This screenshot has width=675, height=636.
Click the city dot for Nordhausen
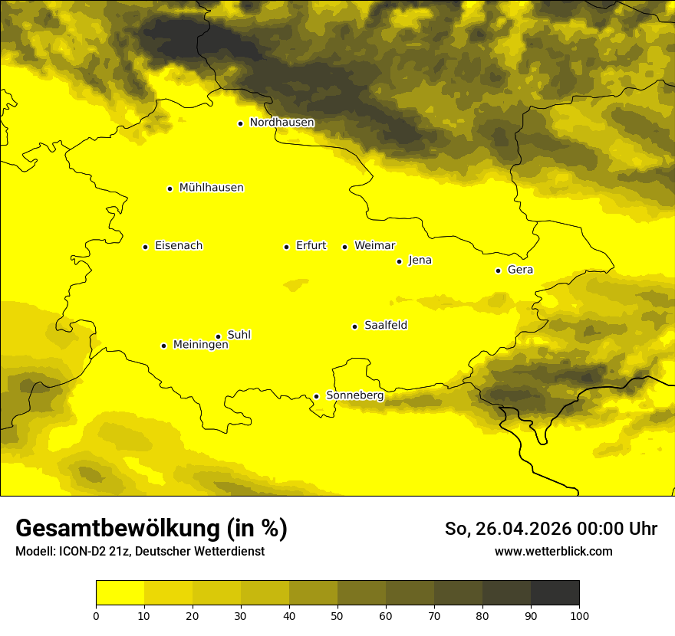[240, 123]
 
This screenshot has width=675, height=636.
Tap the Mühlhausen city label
[211, 188]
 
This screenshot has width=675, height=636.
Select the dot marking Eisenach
[145, 247]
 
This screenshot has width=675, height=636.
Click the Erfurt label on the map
[311, 246]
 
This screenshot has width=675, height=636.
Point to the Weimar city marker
[344, 247]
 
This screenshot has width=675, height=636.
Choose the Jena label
[420, 261]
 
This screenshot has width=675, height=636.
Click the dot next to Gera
[498, 270]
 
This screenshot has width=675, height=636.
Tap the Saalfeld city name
[386, 326]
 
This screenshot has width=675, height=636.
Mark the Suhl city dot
[218, 336]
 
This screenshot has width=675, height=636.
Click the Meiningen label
[200, 346]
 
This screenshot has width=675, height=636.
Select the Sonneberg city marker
[316, 396]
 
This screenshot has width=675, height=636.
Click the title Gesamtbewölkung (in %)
[151, 529]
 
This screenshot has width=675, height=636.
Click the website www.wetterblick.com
[553, 552]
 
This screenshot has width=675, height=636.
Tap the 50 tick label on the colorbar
[337, 615]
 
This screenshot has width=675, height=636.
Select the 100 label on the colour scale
[579, 615]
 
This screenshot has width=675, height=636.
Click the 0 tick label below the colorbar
[96, 615]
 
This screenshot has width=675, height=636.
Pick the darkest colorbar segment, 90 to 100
[555, 593]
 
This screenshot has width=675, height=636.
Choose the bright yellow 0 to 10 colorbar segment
[120, 593]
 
